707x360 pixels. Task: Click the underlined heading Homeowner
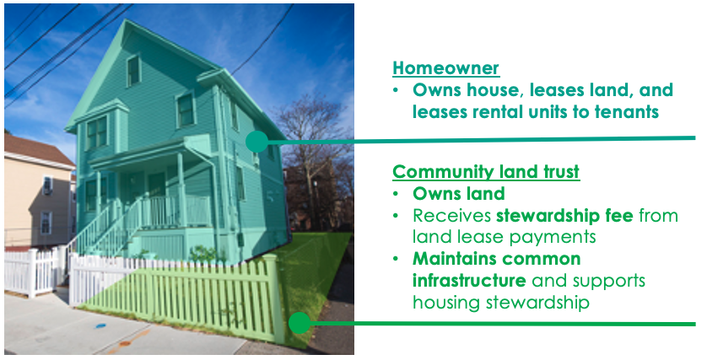(x=446, y=68)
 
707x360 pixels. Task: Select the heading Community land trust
(x=486, y=172)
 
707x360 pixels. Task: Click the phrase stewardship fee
(x=564, y=216)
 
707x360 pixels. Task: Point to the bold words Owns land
(x=459, y=194)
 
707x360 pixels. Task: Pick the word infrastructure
(x=469, y=280)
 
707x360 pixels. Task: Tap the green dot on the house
(x=256, y=142)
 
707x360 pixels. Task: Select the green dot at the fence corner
(x=299, y=323)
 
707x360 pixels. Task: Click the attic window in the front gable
(x=133, y=71)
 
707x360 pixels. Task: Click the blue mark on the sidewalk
(x=100, y=325)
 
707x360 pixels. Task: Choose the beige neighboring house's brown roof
(x=37, y=148)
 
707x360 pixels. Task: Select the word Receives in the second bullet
(x=452, y=216)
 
